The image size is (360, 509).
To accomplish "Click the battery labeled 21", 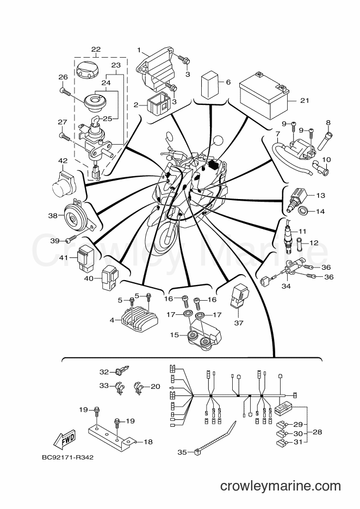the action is click(x=264, y=96).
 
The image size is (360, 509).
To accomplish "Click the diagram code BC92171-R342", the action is click(x=67, y=457).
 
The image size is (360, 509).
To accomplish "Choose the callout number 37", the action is click(x=238, y=323).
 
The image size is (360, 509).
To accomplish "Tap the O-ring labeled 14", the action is click(x=302, y=211).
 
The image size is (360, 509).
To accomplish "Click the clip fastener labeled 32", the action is click(x=123, y=371).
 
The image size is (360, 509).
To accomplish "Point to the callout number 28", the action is click(x=318, y=432).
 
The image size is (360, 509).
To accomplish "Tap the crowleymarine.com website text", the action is click(x=281, y=486).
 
